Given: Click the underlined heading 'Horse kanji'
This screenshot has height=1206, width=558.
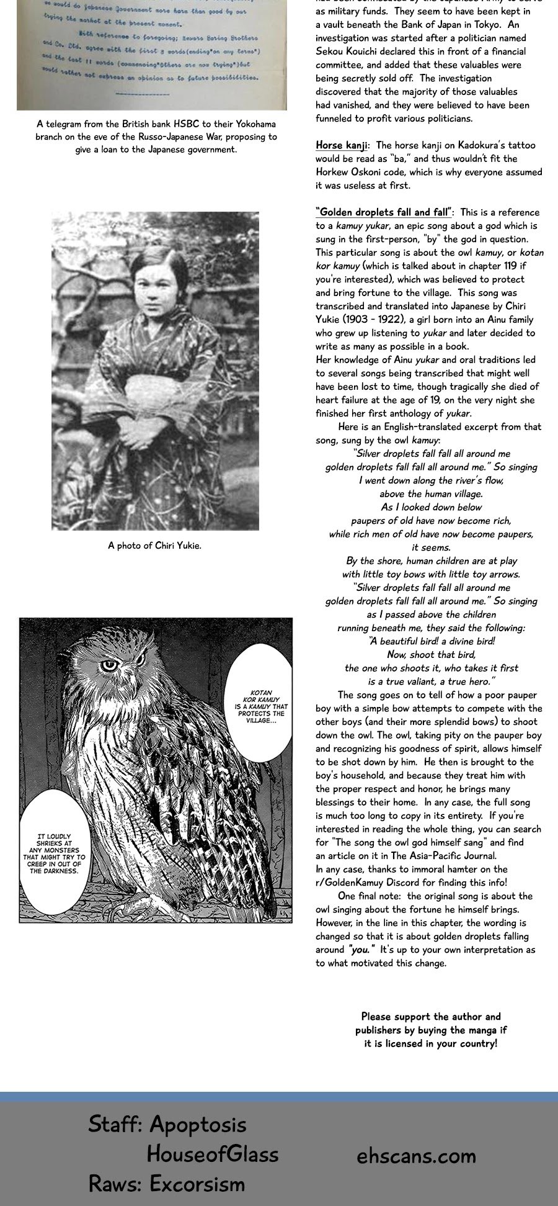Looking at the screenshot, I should point(341,145).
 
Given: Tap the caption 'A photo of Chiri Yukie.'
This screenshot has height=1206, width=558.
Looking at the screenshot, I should point(154,546).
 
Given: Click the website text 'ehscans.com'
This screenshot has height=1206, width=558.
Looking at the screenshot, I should point(416,1156).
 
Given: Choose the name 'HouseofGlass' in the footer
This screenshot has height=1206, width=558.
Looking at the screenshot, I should point(212,1154).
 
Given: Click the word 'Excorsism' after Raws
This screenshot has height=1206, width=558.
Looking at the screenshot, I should point(198,1184).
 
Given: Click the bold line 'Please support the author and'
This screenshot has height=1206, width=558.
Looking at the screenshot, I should point(431,1017).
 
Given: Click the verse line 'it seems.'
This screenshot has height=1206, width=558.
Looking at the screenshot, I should point(431,547).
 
